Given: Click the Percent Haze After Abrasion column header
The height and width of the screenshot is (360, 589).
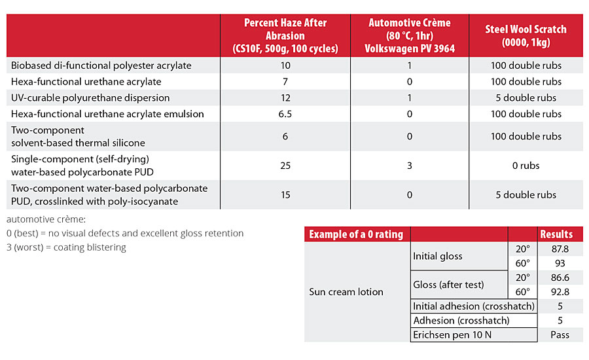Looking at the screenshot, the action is pyautogui.click(x=285, y=36).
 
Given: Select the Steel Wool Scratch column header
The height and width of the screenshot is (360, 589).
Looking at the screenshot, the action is pyautogui.click(x=526, y=36).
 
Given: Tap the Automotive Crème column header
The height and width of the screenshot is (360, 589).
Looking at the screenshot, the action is pyautogui.click(x=410, y=36).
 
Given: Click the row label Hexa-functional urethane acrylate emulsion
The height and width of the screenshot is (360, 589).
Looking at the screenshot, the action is pyautogui.click(x=107, y=114).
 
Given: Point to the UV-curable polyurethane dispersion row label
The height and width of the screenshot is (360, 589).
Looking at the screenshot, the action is pyautogui.click(x=90, y=98).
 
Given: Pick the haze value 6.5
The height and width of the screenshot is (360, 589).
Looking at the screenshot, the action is pyautogui.click(x=285, y=114).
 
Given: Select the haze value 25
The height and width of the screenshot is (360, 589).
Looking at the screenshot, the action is pyautogui.click(x=285, y=166).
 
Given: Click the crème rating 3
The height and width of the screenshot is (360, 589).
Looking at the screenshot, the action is pyautogui.click(x=410, y=166).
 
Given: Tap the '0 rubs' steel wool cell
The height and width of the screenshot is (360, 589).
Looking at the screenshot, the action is pyautogui.click(x=526, y=166).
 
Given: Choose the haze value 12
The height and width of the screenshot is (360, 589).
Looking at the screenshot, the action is pyautogui.click(x=285, y=98).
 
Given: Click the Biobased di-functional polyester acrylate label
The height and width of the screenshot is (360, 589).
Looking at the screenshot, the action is pyautogui.click(x=101, y=65).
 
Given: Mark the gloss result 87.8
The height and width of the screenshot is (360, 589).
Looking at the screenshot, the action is pyautogui.click(x=560, y=249).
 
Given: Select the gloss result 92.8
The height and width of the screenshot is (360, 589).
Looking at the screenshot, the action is pyautogui.click(x=560, y=292).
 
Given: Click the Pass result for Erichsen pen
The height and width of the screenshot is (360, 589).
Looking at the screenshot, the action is pyautogui.click(x=560, y=334).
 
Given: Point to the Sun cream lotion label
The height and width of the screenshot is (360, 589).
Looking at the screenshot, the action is pyautogui.click(x=346, y=292).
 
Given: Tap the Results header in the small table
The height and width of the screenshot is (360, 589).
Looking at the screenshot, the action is pyautogui.click(x=556, y=234).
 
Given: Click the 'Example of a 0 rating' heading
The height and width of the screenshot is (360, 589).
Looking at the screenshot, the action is pyautogui.click(x=356, y=234).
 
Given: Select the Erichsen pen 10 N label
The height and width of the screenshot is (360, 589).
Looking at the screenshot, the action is pyautogui.click(x=452, y=334).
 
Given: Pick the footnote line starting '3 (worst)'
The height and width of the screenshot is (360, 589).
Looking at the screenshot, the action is pyautogui.click(x=66, y=247).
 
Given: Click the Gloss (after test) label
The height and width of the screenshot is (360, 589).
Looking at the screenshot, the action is pyautogui.click(x=448, y=285).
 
